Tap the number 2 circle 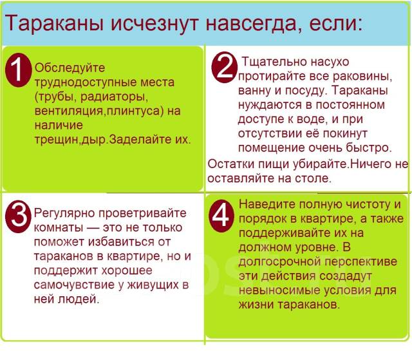pos(224,67)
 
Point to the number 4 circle pos(221,215)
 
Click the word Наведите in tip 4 pos(265,204)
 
